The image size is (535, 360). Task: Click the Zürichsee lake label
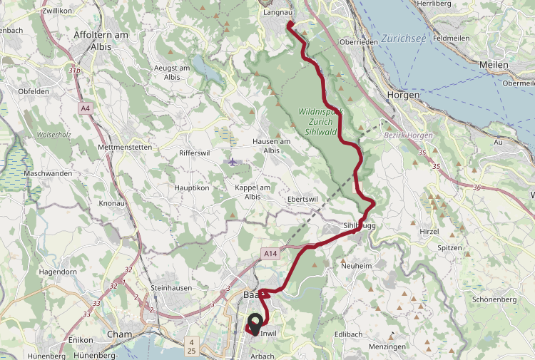[x=403, y=38]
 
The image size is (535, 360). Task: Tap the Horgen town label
[x=403, y=95]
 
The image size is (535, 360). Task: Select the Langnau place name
[x=278, y=12]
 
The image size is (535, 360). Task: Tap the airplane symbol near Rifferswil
[x=233, y=162]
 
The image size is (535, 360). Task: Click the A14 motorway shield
[x=270, y=253]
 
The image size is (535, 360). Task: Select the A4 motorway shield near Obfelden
[x=86, y=108]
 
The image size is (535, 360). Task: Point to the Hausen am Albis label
[x=271, y=145]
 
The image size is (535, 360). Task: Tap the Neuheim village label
[x=357, y=265]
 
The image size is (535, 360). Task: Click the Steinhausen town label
[x=173, y=287]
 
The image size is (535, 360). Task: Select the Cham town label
[x=119, y=334]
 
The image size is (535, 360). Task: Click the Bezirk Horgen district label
[x=409, y=135]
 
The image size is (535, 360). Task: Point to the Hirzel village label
[x=428, y=232]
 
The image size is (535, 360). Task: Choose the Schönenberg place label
[x=494, y=299]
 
